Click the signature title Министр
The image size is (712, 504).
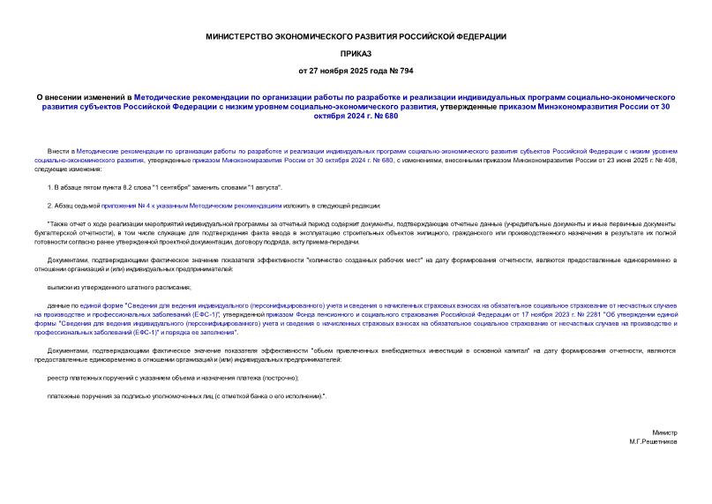(664, 433)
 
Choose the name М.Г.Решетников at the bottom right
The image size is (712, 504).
(654, 440)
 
